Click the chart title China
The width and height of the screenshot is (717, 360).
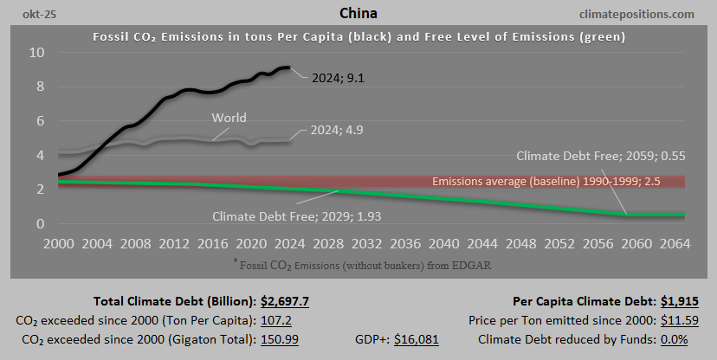358,14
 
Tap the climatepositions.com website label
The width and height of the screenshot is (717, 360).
639,14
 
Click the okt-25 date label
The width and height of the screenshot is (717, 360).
28,14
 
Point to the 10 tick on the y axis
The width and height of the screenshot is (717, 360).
36,52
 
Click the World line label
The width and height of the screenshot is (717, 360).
229,119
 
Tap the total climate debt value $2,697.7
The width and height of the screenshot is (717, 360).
285,301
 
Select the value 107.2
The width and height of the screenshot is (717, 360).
280,320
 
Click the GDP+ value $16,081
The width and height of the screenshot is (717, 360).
417,339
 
